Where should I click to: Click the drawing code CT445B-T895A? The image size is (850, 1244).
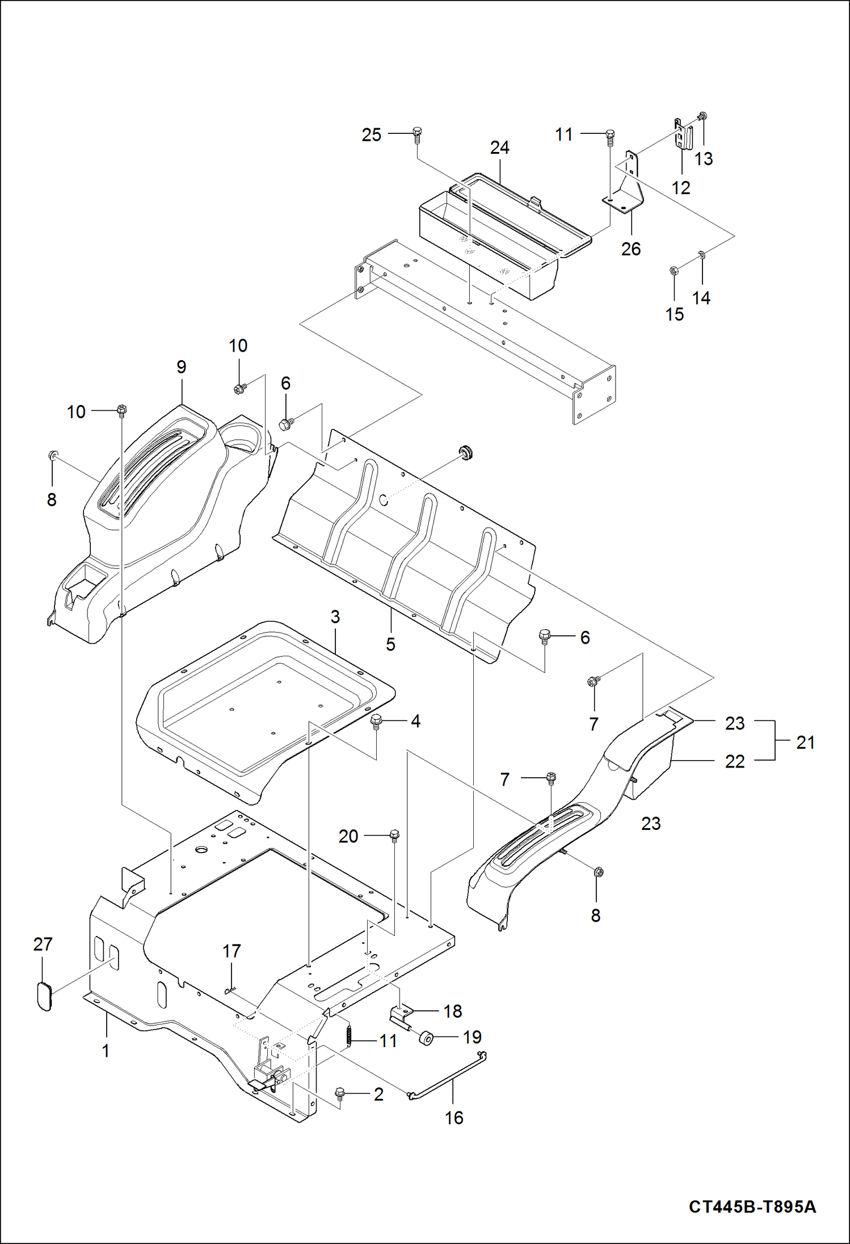[x=752, y=1206]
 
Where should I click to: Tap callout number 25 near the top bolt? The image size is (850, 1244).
[x=371, y=135]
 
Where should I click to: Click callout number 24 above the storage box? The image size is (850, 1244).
[x=499, y=147]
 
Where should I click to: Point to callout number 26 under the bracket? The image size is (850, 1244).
[x=630, y=248]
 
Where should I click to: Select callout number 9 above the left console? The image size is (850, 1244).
[x=181, y=367]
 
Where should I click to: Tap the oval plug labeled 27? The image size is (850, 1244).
[x=44, y=996]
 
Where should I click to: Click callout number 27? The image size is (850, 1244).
[x=43, y=944]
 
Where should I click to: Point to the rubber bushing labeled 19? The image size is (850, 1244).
[x=426, y=1039]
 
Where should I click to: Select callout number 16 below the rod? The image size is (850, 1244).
[x=453, y=1118]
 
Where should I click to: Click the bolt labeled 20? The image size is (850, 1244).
[x=394, y=835]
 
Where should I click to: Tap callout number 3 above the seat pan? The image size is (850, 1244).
[x=335, y=617]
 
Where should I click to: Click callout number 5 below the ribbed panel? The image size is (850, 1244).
[x=390, y=644]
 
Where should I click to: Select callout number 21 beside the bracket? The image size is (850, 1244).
[x=805, y=742]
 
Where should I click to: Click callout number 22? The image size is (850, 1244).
[x=734, y=761]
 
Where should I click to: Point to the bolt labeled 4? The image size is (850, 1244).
[x=376, y=721]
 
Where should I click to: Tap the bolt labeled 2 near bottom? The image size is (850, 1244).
[x=340, y=1093]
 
